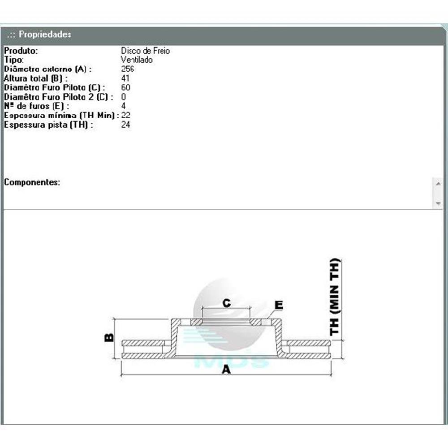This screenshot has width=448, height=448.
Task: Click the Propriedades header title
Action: click(45, 34)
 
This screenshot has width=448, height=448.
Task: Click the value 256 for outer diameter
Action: click(127, 69)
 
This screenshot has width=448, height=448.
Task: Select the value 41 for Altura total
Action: click(125, 78)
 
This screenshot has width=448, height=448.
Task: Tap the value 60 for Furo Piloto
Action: click(126, 87)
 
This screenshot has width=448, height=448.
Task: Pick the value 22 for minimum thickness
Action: click(126, 115)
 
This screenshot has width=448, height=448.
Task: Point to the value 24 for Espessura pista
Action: click(126, 125)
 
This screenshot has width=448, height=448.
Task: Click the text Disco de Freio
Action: click(146, 51)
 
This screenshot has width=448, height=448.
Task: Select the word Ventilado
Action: click(137, 60)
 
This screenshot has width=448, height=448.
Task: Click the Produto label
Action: click(21, 51)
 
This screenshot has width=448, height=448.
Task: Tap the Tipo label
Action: click(14, 60)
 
